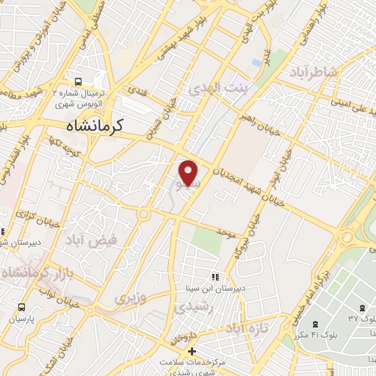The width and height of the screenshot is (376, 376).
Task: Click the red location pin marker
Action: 189,173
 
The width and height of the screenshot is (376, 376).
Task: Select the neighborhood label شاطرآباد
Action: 317,72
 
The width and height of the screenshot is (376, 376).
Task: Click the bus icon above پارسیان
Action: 21,307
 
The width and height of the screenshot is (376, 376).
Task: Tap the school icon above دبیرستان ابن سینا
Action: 215,277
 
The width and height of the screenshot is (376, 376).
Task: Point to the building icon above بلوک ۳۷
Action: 360,305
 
